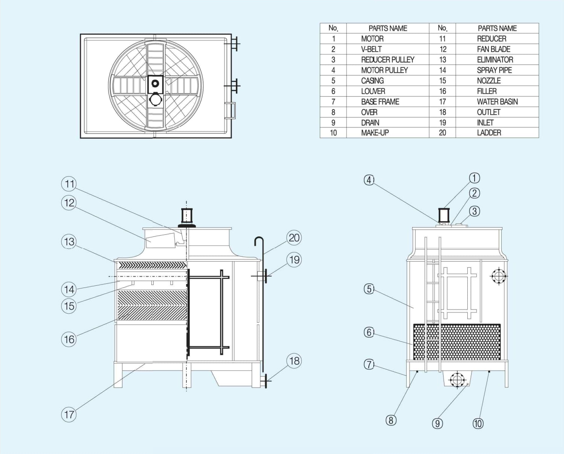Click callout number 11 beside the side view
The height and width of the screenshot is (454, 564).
(69, 184)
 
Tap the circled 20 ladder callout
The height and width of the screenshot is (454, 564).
(294, 238)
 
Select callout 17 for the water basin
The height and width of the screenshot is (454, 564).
(69, 414)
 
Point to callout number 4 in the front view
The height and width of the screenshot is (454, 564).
(369, 180)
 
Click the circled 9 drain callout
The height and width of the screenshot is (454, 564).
(437, 423)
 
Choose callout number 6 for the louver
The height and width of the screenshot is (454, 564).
(369, 332)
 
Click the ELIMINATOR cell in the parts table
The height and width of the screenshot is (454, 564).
(495, 60)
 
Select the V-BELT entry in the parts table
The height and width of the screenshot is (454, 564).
(371, 49)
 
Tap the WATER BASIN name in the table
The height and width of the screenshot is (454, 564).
(497, 102)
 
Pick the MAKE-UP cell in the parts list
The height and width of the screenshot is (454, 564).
(374, 132)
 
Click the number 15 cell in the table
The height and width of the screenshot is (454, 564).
(442, 80)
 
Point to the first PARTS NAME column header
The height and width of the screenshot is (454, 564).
(388, 28)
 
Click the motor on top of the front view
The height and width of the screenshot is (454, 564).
(444, 215)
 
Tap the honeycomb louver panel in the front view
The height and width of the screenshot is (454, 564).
(457, 342)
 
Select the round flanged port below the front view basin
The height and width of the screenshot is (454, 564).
(457, 379)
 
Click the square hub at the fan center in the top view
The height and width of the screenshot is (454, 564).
(155, 84)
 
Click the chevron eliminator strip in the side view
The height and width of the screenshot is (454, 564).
(152, 265)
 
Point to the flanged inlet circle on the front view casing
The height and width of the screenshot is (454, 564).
(499, 276)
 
